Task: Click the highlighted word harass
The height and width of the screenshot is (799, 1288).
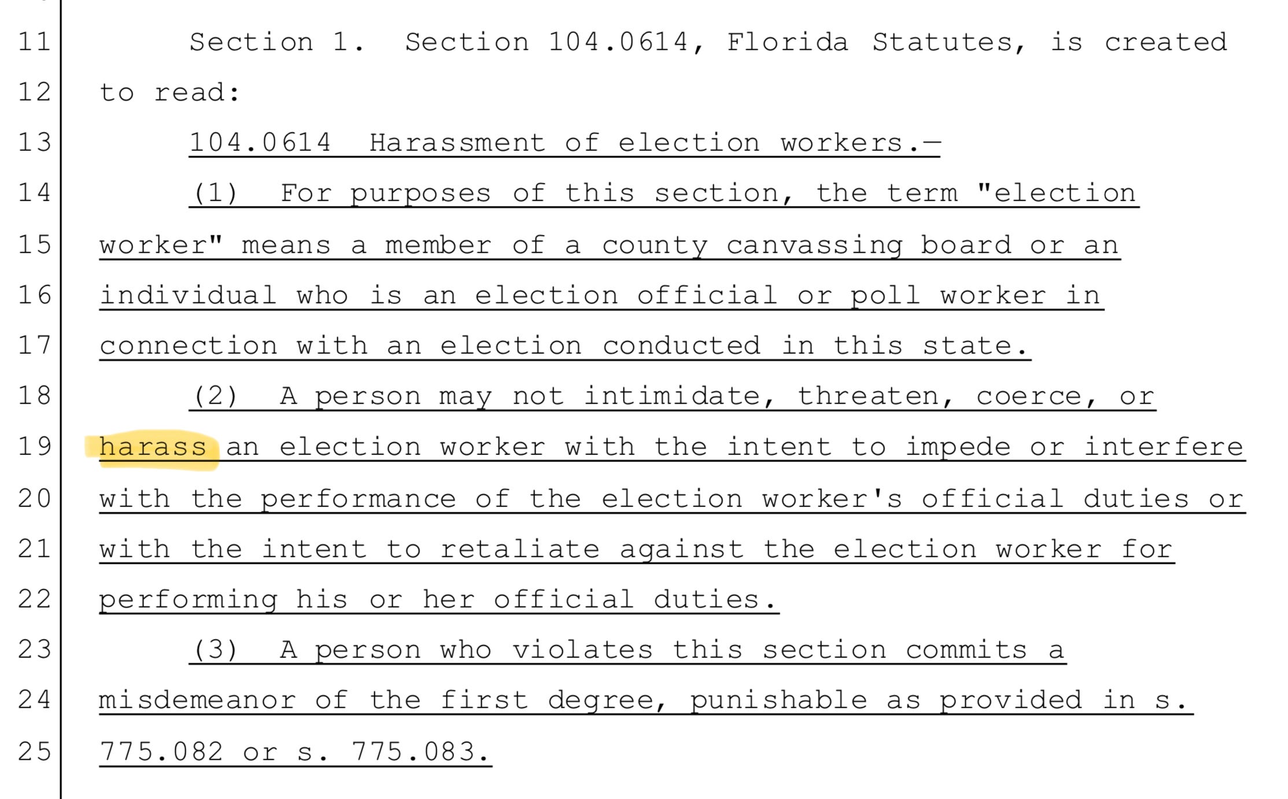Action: (x=153, y=447)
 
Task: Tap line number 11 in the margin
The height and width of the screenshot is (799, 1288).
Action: (x=34, y=42)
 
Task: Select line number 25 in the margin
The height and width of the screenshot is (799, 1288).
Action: (x=34, y=751)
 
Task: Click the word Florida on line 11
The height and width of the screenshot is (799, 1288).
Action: (x=787, y=42)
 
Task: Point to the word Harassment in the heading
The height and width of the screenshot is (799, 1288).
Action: (x=457, y=143)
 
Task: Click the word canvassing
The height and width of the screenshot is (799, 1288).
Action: (x=814, y=245)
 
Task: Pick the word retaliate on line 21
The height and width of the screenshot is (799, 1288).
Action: (x=520, y=549)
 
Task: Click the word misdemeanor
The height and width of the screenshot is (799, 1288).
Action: (x=197, y=700)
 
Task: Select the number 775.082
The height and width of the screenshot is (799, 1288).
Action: (x=161, y=751)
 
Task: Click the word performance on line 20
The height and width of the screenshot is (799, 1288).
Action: (x=358, y=499)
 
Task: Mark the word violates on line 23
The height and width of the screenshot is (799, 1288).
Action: (x=582, y=650)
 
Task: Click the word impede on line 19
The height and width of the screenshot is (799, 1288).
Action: (x=958, y=447)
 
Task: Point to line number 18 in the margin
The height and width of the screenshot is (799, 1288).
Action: (x=34, y=396)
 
